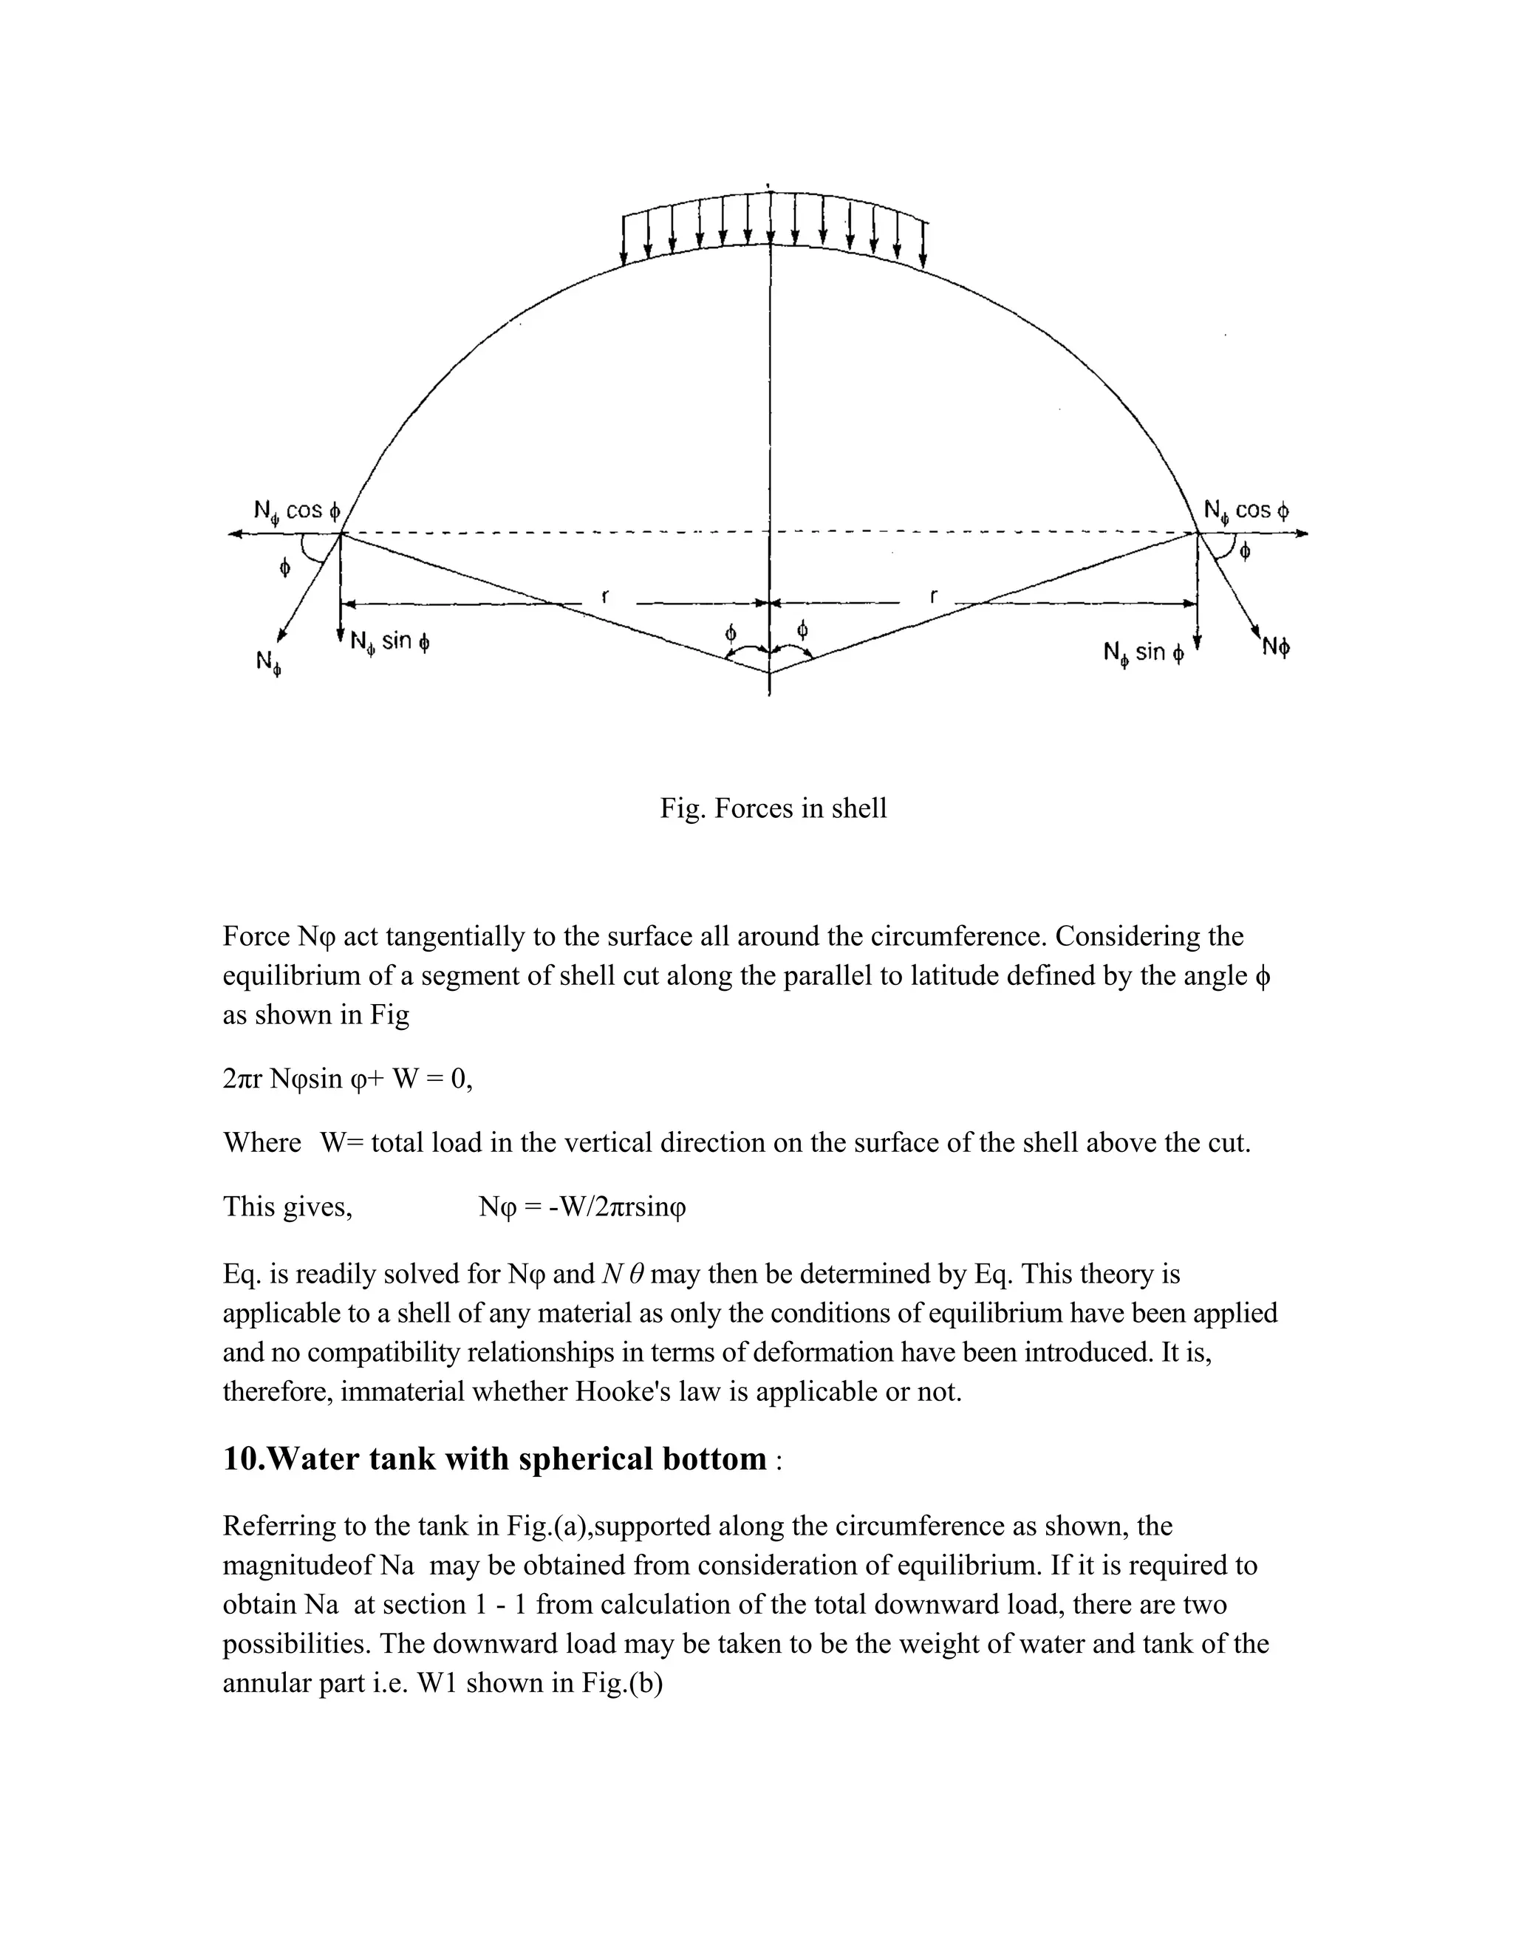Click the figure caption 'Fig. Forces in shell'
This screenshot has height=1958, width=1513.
[773, 808]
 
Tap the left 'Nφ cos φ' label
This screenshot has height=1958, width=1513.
[298, 512]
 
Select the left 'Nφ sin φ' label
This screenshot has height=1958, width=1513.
[390, 642]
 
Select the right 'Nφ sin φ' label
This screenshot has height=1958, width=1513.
[1144, 652]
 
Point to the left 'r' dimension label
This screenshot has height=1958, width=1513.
[606, 596]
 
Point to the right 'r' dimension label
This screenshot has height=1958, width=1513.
[934, 596]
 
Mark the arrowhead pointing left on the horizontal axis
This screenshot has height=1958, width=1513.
[235, 534]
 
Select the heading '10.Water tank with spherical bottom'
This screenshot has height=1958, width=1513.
[495, 1459]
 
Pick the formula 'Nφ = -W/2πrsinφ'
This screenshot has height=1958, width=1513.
[583, 1207]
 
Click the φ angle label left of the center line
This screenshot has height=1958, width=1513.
[731, 633]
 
